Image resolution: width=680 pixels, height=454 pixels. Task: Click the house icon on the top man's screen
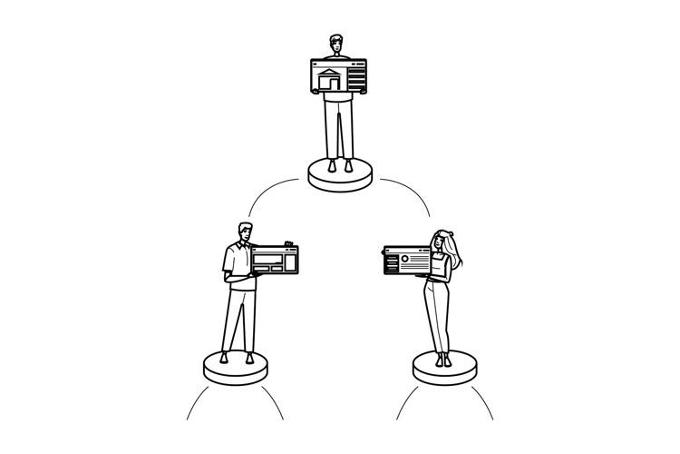click(329, 80)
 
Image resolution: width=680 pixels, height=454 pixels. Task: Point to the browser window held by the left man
click(275, 261)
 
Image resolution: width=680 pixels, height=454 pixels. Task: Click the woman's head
click(442, 242)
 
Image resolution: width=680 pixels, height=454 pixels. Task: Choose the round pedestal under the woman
click(444, 369)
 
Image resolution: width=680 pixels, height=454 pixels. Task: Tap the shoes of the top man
click(340, 165)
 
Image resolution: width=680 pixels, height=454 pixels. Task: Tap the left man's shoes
click(237, 357)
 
